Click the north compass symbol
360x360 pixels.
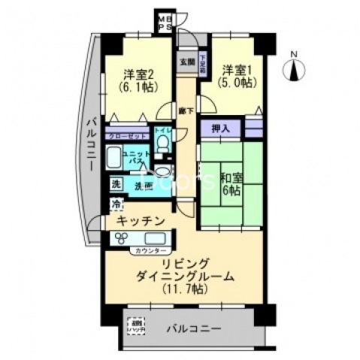(295, 70)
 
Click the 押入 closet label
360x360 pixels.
(220, 129)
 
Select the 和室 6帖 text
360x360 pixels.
(230, 183)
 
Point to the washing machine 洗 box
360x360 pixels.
(116, 184)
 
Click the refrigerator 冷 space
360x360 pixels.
(116, 204)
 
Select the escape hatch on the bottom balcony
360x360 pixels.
(136, 329)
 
